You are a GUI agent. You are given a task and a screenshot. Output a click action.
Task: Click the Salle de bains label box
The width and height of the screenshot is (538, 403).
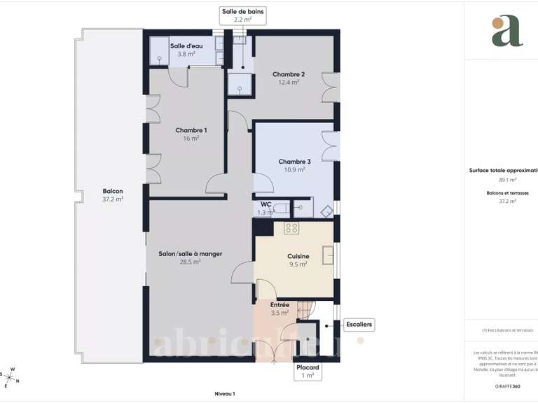[243, 15]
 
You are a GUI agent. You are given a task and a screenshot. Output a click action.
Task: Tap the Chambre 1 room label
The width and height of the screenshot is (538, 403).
[191, 131]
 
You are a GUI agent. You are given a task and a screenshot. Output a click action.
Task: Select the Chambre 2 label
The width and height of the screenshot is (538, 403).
[289, 75]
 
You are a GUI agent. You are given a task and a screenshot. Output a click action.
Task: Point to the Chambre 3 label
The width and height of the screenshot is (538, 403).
[294, 162]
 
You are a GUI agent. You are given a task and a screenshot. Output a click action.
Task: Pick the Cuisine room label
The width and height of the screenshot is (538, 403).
[298, 257]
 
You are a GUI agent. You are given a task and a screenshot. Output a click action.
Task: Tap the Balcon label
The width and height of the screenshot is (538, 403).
[113, 192]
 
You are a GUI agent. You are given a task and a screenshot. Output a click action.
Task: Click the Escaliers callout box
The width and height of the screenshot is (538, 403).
[359, 325]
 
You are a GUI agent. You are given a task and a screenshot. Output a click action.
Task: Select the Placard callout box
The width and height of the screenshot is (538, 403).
[308, 371]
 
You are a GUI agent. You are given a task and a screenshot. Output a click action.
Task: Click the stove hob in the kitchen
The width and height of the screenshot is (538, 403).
[291, 228]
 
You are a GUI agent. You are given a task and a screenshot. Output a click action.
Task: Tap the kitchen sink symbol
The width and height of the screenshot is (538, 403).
[327, 255]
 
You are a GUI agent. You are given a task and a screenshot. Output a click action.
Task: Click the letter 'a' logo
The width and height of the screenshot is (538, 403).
[506, 31]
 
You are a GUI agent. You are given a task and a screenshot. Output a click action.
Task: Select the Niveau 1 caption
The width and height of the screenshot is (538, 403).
[224, 394]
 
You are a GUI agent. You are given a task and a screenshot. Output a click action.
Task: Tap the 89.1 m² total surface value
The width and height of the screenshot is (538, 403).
[507, 180]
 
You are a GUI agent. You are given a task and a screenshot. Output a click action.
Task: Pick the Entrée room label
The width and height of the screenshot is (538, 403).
[280, 305]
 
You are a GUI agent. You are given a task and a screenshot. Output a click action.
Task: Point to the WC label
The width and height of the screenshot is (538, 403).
[266, 205]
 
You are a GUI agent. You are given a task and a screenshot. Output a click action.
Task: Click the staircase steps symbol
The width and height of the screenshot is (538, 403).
[308, 307]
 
